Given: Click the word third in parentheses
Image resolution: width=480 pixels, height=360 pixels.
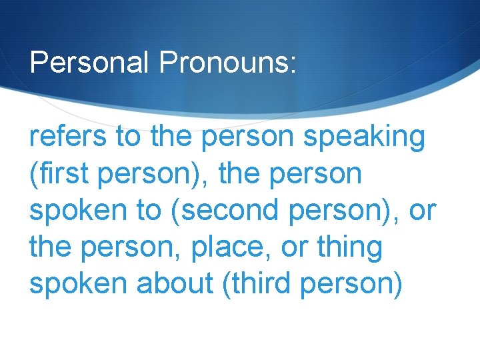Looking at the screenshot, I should point(257,284).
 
